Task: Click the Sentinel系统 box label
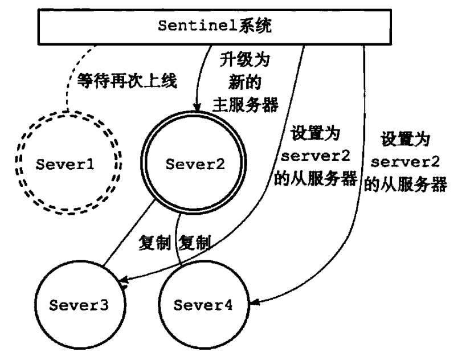[x=215, y=26]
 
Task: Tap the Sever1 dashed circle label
[x=65, y=164]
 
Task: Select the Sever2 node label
[x=195, y=164]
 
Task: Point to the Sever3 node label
[x=79, y=305]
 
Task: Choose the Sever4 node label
[x=203, y=305]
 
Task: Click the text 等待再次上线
[x=127, y=80]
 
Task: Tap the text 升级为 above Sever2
[x=245, y=60]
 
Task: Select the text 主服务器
[x=246, y=105]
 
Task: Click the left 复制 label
[x=155, y=242]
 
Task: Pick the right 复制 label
[x=194, y=242]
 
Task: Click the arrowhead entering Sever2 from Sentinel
[x=198, y=108]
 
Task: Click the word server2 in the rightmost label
[x=405, y=161]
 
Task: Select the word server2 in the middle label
[x=315, y=156]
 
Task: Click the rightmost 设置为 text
[x=405, y=139]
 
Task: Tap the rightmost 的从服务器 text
[x=406, y=184]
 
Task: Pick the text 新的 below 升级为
[x=245, y=82]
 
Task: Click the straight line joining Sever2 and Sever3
[x=129, y=233]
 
